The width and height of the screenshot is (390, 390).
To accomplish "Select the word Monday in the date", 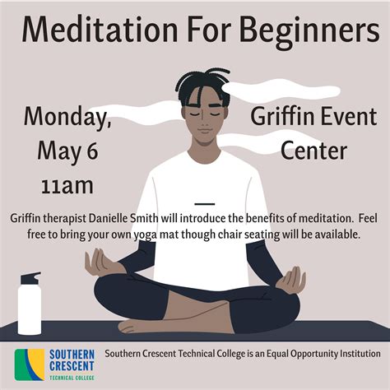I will (67, 117).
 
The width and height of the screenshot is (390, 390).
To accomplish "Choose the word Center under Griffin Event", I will (313, 151).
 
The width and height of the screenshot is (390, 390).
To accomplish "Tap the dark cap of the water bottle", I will (30, 278).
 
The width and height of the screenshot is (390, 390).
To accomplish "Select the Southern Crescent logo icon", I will (30, 363).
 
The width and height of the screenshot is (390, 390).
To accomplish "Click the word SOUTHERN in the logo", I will (71, 355).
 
